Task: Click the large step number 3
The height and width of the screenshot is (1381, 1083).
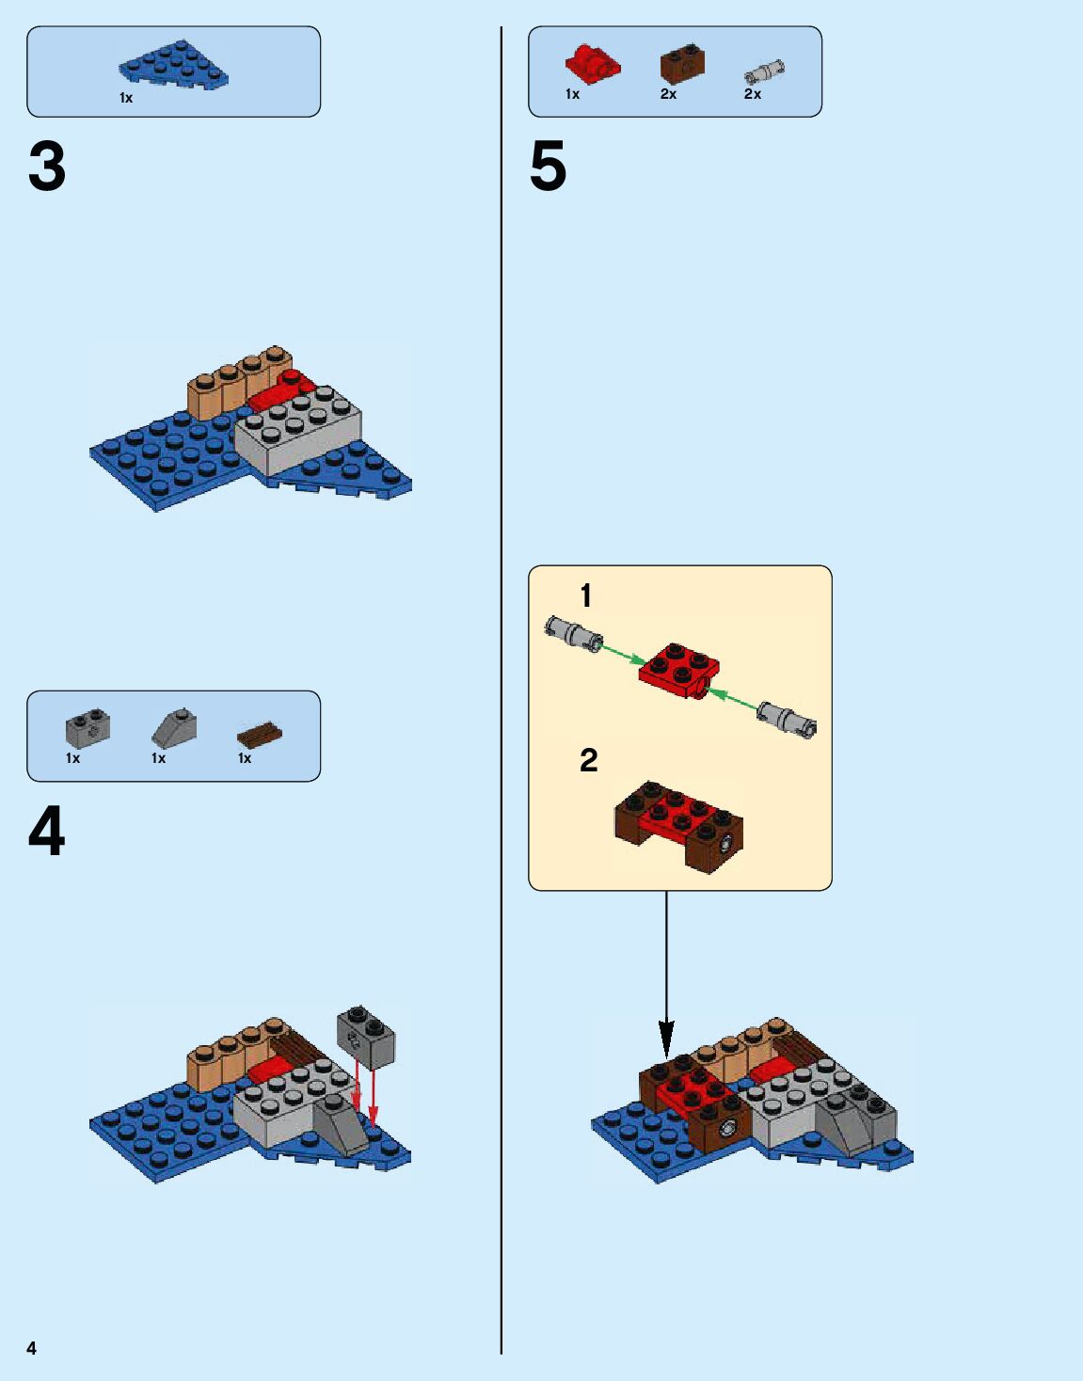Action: [47, 167]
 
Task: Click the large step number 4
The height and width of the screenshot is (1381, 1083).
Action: [47, 832]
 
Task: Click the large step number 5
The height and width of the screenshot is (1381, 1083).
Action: [549, 167]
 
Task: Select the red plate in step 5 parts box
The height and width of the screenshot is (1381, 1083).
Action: [592, 64]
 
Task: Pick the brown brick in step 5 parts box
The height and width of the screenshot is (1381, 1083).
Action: [682, 64]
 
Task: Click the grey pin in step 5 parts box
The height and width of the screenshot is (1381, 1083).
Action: [764, 71]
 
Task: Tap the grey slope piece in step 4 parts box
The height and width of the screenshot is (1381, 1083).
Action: [174, 728]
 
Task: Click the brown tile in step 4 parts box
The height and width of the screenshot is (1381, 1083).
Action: [260, 733]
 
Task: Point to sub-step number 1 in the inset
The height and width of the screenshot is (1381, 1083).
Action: [586, 595]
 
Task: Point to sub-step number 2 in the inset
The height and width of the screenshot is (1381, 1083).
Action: [588, 760]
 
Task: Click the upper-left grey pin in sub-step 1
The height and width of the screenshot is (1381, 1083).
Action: [573, 631]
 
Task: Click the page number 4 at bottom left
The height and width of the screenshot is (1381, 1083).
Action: [31, 1348]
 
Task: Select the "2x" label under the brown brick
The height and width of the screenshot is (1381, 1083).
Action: [668, 94]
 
